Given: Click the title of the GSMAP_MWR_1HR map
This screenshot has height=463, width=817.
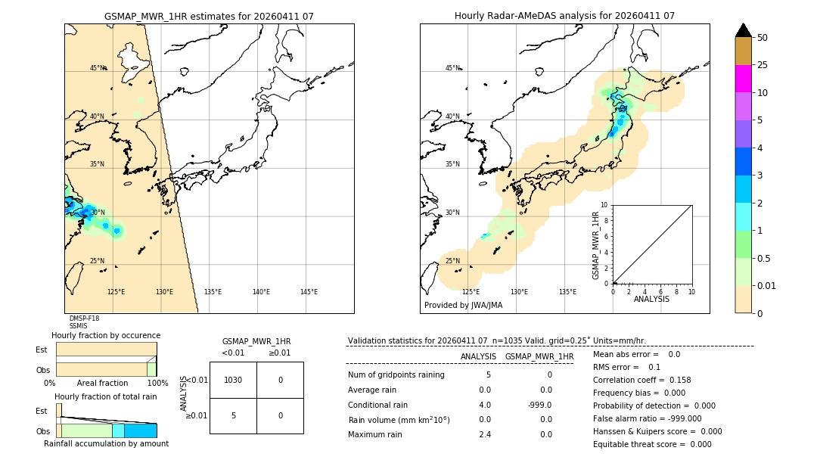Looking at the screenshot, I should point(209,16).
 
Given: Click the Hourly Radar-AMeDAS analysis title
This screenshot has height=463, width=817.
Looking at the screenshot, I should point(564,16).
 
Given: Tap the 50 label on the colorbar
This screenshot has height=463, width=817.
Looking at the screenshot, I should point(763,38).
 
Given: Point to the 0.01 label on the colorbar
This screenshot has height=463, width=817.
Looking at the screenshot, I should point(767,286).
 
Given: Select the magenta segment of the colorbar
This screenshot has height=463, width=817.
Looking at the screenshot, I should point(743,79).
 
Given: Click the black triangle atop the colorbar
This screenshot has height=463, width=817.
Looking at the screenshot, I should point(743,30).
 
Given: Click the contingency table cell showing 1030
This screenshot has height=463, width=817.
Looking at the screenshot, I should point(233,380).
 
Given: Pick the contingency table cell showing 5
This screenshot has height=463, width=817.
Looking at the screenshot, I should point(233,415).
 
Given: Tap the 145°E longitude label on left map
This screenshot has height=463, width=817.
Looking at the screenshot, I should point(309,292).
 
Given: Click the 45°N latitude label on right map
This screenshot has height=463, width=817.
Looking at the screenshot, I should point(452,68).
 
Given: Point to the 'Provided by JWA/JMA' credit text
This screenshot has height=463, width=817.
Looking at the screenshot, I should point(463,306).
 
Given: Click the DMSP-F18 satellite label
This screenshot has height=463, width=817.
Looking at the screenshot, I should point(84,319).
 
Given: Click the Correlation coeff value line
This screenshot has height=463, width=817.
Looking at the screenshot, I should point(641,380).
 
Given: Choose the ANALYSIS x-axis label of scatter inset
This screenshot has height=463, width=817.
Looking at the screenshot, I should point(651,299).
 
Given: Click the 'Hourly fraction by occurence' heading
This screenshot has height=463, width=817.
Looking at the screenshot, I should point(106,335).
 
